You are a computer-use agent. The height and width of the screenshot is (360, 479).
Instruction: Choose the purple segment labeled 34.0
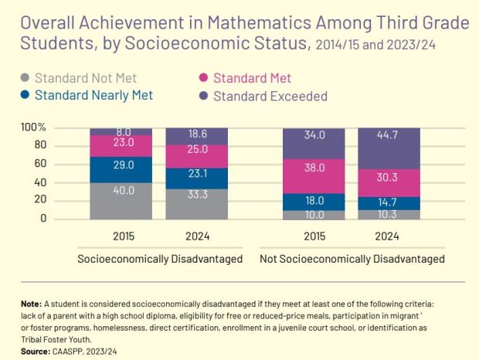(314, 135)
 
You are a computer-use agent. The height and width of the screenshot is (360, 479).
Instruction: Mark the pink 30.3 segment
(389, 177)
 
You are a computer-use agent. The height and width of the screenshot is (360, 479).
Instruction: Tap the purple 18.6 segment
(198, 134)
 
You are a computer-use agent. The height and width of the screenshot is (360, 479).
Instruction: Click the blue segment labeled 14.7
(389, 201)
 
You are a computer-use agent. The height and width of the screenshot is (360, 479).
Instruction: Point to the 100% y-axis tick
(33, 127)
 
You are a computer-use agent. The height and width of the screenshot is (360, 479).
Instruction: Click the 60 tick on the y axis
(39, 164)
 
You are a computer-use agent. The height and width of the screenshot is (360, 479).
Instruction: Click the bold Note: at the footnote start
(32, 304)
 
